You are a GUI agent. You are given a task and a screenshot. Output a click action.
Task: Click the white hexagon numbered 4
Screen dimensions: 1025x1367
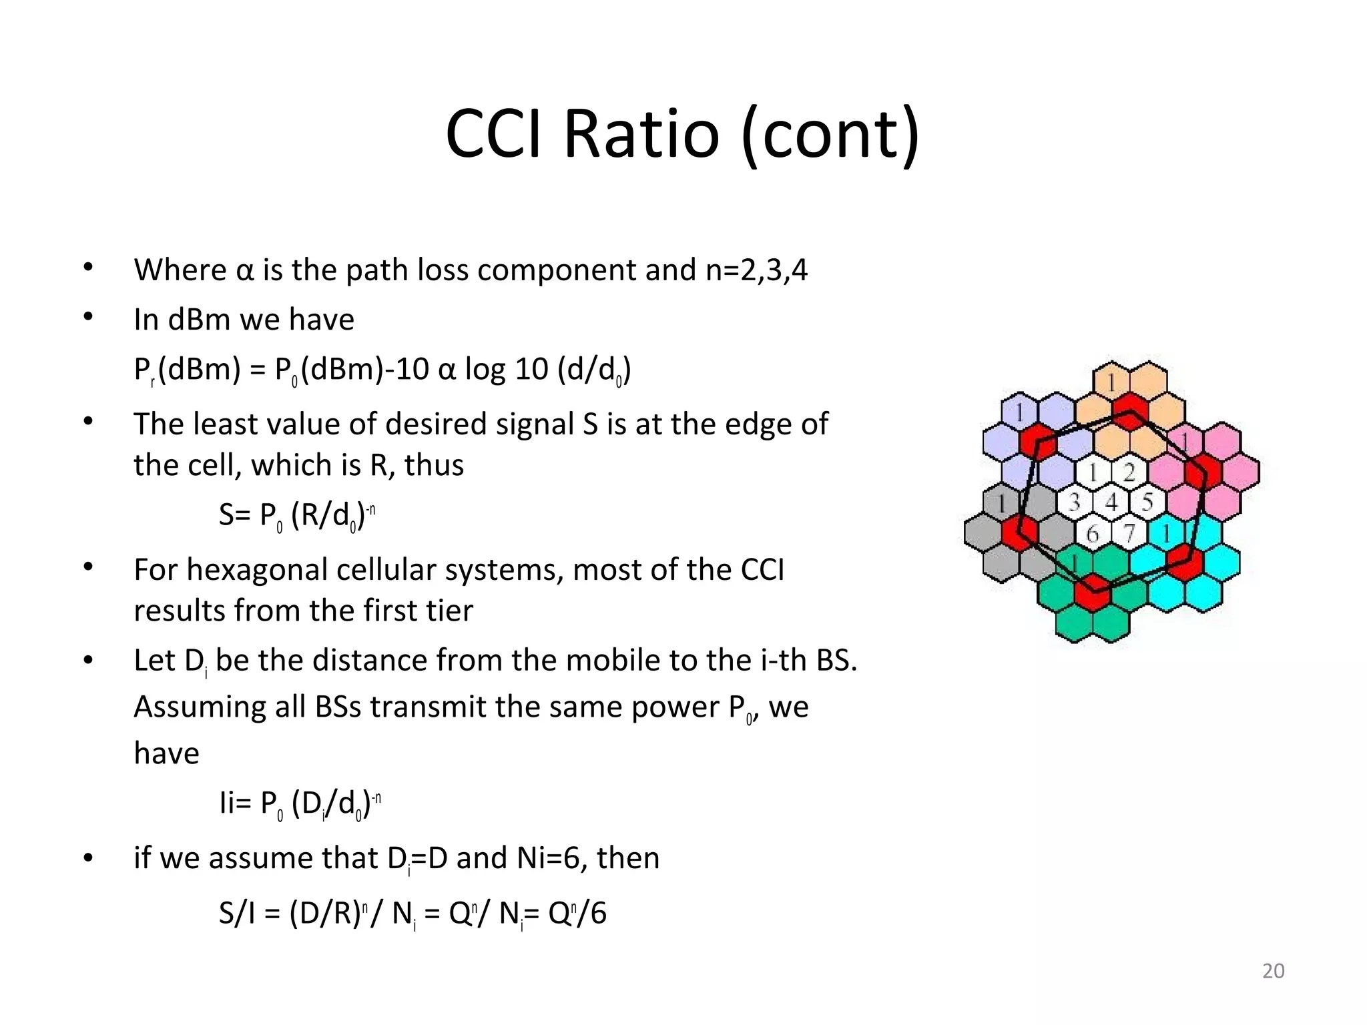[1111, 502]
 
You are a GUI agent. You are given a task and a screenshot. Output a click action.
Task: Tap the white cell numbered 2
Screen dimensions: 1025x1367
[1129, 472]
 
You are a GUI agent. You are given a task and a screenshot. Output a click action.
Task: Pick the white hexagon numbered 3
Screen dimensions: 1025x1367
[1075, 502]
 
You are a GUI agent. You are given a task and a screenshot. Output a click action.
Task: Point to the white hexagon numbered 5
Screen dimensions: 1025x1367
[1147, 502]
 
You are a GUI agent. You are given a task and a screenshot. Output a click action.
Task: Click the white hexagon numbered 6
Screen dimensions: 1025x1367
[1093, 533]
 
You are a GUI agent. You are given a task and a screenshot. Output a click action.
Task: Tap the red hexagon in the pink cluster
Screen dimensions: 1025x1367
[1203, 472]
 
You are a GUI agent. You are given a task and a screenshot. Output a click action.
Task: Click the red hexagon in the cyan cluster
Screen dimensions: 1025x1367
[1185, 560]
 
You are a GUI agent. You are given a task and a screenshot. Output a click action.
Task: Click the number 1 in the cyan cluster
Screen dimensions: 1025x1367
[1166, 533]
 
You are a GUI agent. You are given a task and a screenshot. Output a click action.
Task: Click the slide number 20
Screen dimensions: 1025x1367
[1273, 971]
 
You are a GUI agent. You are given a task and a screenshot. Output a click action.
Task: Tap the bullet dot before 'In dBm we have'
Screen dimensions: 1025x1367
[88, 317]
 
